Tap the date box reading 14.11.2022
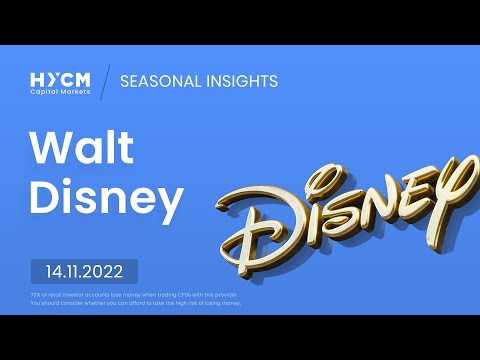pyautogui.click(x=84, y=271)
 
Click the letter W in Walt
pyautogui.click(x=49, y=149)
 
